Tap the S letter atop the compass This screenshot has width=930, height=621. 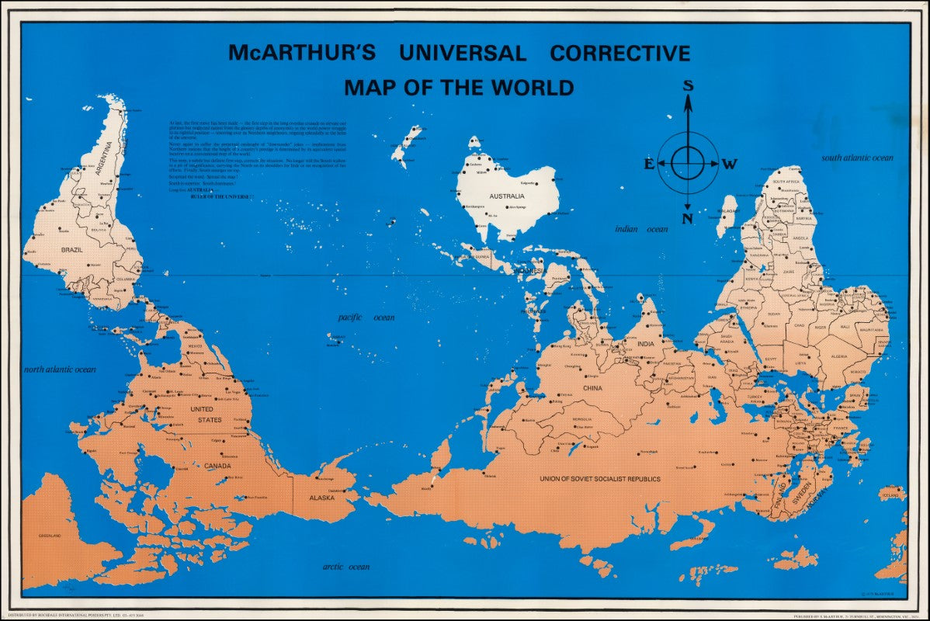click(688, 85)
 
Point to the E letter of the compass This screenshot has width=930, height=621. click(649, 164)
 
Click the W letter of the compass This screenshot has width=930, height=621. click(730, 164)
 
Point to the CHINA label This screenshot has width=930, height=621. click(592, 388)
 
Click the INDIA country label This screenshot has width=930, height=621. click(646, 344)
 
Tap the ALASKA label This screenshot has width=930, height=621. click(321, 498)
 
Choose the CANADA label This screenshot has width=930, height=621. click(218, 466)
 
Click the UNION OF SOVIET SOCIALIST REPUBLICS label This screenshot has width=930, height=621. click(600, 479)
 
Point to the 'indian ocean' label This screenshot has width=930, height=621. click(641, 229)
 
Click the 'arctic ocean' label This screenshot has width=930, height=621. click(346, 567)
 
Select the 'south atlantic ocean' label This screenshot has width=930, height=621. click(858, 158)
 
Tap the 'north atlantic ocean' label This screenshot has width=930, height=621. click(60, 369)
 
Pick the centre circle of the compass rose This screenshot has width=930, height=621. click(688, 162)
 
